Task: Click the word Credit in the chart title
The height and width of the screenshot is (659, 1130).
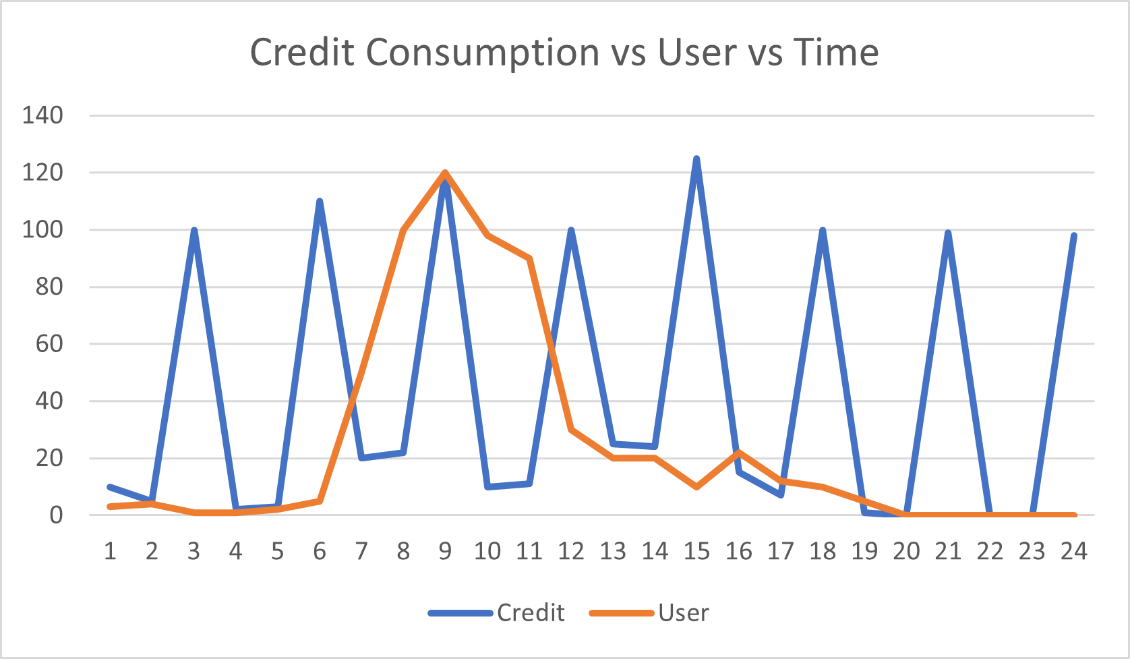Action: [x=302, y=52]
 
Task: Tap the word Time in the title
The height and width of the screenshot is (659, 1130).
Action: [x=836, y=52]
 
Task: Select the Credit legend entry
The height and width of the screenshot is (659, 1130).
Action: [x=530, y=612]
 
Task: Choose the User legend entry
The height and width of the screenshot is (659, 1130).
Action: [x=683, y=612]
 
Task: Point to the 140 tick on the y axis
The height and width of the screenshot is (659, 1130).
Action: [x=42, y=115]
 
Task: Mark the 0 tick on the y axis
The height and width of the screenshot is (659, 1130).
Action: [x=56, y=515]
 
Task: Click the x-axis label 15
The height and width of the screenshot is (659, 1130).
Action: [x=696, y=552]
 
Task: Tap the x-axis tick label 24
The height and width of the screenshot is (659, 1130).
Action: [x=1073, y=552]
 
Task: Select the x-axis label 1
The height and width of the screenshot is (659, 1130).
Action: [x=110, y=552]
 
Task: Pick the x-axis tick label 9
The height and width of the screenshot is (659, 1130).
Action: [x=445, y=552]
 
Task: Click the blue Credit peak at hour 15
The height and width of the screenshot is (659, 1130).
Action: [x=696, y=159]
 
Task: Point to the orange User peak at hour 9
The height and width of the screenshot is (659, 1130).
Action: [x=445, y=173]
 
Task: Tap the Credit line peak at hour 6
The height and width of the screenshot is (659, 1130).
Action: [x=320, y=201]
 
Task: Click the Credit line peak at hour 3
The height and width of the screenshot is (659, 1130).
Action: [x=194, y=230]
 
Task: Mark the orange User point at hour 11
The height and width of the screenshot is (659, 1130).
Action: [x=529, y=258]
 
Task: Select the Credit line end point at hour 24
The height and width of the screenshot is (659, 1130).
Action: [x=1073, y=235]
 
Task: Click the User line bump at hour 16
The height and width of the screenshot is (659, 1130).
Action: [x=738, y=452]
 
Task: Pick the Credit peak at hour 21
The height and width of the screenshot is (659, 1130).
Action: [x=948, y=233]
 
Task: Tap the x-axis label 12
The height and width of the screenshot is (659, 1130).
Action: [x=571, y=552]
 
